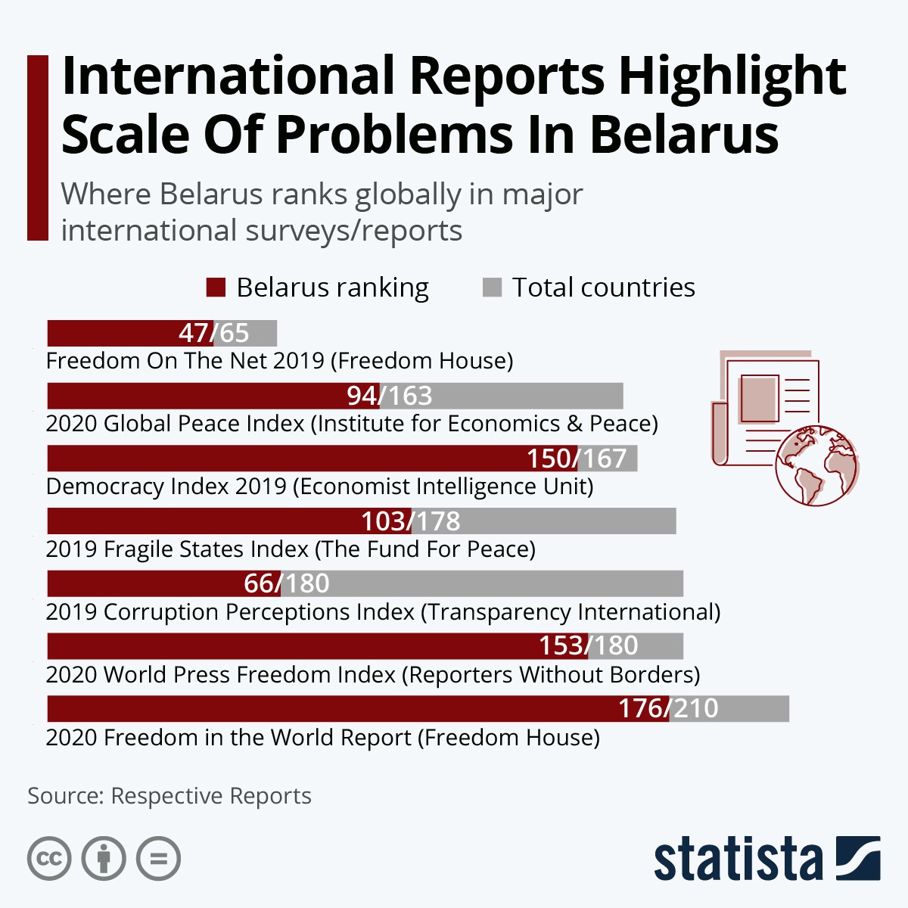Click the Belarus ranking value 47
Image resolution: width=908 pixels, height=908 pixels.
(x=194, y=333)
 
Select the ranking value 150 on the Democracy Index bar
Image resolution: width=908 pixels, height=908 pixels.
(x=549, y=459)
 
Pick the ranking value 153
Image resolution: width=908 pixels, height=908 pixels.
(x=561, y=645)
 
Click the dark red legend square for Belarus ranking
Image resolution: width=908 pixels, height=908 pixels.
(x=216, y=288)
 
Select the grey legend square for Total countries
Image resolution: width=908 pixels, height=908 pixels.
(x=492, y=288)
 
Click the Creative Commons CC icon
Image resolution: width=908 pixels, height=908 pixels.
(x=49, y=859)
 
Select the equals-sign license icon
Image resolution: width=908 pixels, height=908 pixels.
(x=159, y=859)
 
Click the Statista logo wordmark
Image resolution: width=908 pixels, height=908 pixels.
(x=738, y=860)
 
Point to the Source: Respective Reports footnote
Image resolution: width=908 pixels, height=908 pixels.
(x=169, y=796)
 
